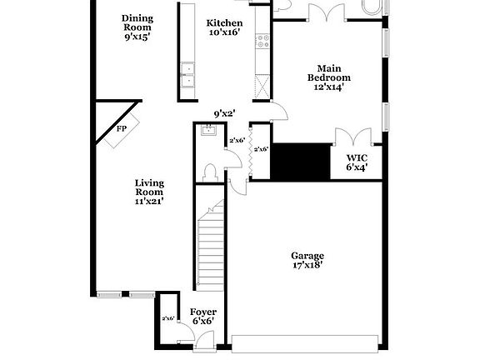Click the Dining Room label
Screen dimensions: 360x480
137,27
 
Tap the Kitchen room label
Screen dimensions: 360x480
225,27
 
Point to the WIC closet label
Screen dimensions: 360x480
357,161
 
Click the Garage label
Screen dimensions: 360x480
307,260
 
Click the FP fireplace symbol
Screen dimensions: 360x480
121,128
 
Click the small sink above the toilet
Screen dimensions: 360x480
207,129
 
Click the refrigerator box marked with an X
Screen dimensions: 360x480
262,86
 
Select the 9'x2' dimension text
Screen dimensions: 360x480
224,113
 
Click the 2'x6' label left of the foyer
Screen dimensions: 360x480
167,318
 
